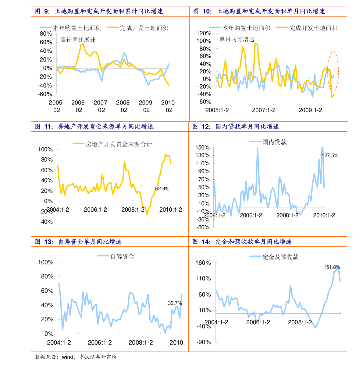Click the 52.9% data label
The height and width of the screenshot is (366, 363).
[x=162, y=189]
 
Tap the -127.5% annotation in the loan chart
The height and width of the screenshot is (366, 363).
[x=329, y=156]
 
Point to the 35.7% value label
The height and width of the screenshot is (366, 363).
[x=175, y=303]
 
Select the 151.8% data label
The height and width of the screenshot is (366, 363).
[x=332, y=267]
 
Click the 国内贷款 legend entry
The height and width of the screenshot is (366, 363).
[x=268, y=142]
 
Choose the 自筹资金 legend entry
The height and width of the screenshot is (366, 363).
[x=116, y=256]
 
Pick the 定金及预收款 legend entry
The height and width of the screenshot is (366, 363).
[x=274, y=257]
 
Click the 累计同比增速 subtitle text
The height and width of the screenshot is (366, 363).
[x=78, y=40]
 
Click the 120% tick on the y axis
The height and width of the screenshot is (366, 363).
[x=204, y=33]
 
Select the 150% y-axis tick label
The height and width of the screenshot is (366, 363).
[x=203, y=148]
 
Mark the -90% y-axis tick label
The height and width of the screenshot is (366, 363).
[x=204, y=342]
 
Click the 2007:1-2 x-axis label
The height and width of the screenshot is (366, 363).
[x=264, y=110]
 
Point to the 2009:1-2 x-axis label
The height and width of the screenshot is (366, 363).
[x=310, y=110]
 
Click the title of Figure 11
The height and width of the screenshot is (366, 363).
[x=94, y=127]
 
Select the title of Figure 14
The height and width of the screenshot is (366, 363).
[x=242, y=242]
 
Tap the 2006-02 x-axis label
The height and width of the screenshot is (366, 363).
[x=79, y=106]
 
